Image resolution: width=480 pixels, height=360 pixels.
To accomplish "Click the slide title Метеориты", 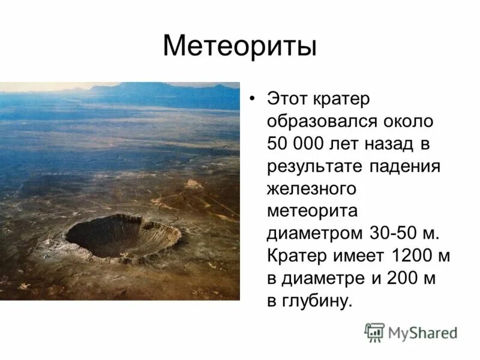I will [x=239, y=46].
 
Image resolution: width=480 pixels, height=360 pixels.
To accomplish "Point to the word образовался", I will [x=320, y=122].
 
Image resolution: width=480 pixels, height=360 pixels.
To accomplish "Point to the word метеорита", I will [x=312, y=212].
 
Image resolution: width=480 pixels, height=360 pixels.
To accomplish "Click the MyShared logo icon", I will [x=375, y=332].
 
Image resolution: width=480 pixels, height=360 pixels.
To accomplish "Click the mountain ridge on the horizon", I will [x=162, y=90].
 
